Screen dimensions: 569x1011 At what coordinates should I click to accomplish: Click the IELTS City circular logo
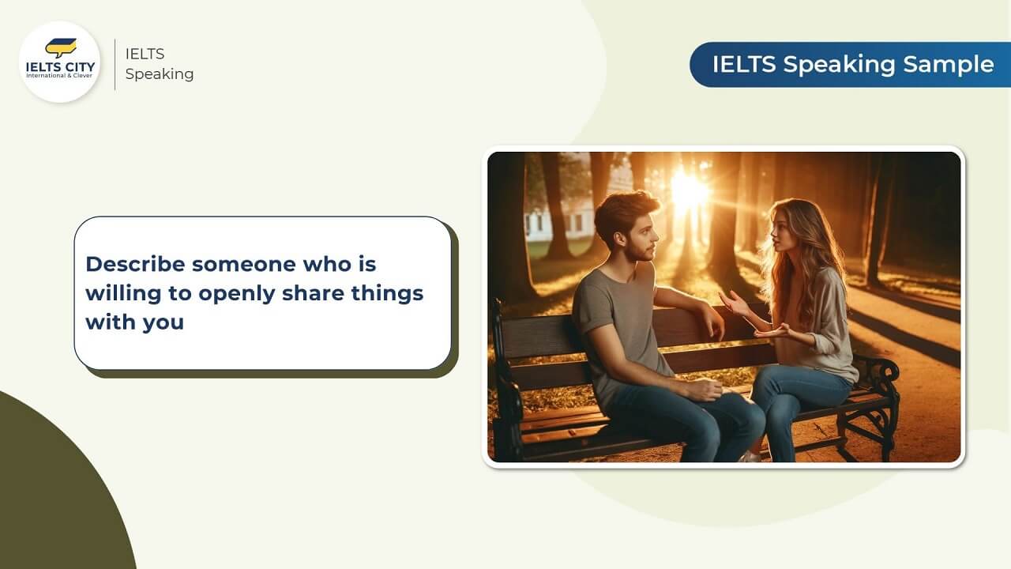pyautogui.click(x=59, y=62)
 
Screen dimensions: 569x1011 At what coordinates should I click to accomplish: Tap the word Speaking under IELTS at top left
pyautogui.click(x=160, y=74)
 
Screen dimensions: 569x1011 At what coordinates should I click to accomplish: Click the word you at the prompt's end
pyautogui.click(x=163, y=322)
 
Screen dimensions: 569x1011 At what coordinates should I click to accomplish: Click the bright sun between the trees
pyautogui.click(x=690, y=190)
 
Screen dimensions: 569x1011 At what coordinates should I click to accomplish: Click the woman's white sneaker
pyautogui.click(x=750, y=456)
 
